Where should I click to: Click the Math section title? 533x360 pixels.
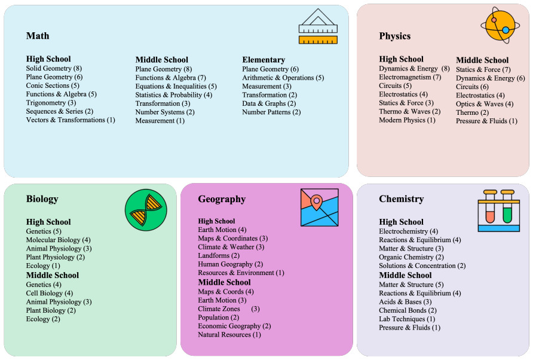pyautogui.click(x=38, y=36)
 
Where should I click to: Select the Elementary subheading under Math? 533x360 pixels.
pyautogui.click(x=264, y=60)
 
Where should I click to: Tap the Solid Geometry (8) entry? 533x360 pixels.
pyautogui.click(x=54, y=68)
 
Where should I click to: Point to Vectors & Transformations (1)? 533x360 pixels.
pyautogui.click(x=71, y=120)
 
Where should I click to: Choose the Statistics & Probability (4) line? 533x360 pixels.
pyautogui.click(x=174, y=95)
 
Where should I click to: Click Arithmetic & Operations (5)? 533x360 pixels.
pyautogui.click(x=283, y=78)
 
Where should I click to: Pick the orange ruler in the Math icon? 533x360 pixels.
pyautogui.click(x=318, y=40)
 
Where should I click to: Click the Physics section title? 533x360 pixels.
pyautogui.click(x=394, y=36)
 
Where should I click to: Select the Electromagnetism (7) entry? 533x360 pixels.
pyautogui.click(x=410, y=77)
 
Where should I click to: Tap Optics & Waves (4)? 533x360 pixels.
pyautogui.click(x=485, y=104)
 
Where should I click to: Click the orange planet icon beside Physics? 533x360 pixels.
pyautogui.click(x=500, y=26)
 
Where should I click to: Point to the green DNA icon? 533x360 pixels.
pyautogui.click(x=146, y=210)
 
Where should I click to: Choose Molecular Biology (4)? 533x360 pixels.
pyautogui.click(x=58, y=240)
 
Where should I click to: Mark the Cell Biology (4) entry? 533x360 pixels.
pyautogui.click(x=49, y=293)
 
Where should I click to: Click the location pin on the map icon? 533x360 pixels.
pyautogui.click(x=317, y=202)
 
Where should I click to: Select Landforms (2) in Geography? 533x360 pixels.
pyautogui.click(x=219, y=255)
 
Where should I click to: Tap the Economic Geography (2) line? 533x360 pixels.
pyautogui.click(x=234, y=326)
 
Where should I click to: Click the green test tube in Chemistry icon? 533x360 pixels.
pyautogui.click(x=507, y=208)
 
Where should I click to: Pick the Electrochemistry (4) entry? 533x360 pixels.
pyautogui.click(x=408, y=231)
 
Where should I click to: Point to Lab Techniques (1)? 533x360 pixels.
pyautogui.click(x=407, y=319)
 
